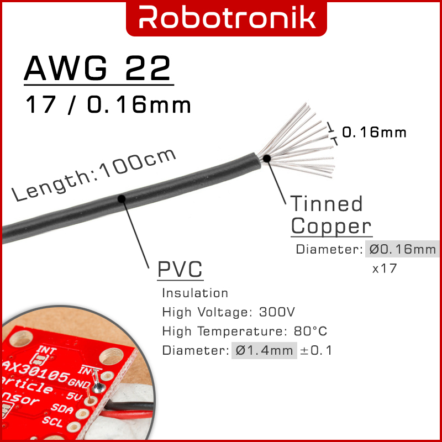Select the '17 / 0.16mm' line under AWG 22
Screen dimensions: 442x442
[x=108, y=104]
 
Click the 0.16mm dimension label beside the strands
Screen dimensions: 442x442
[x=374, y=133]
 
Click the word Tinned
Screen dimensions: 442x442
[x=327, y=204]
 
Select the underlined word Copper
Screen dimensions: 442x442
[x=331, y=227]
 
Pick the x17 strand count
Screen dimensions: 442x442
[x=384, y=269]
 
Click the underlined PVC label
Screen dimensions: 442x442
[x=180, y=271]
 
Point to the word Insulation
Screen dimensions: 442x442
[x=195, y=293]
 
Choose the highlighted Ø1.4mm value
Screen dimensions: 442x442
[x=264, y=350]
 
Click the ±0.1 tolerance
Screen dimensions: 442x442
[x=316, y=350]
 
